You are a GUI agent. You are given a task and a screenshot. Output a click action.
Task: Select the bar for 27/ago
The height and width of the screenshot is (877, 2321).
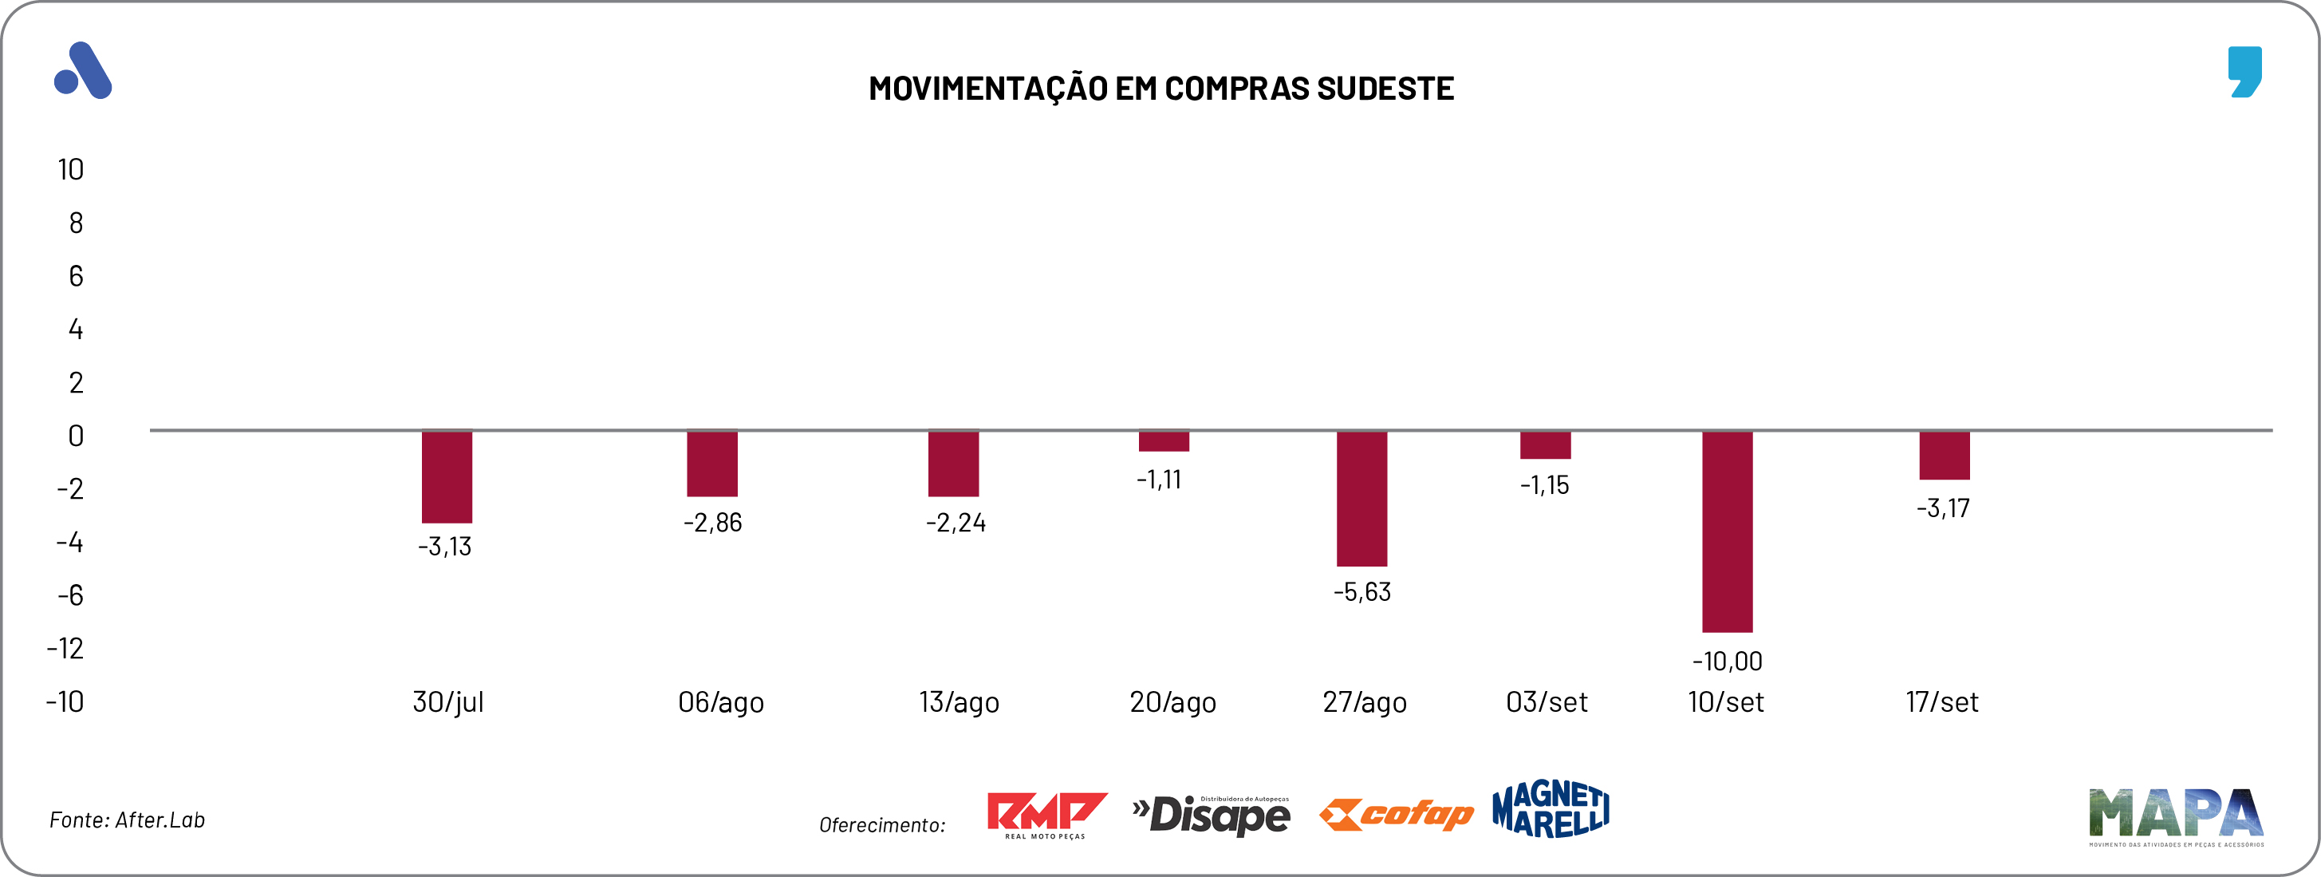coord(1361,499)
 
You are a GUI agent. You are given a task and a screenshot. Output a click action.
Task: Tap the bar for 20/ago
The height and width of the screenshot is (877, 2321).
coord(1163,440)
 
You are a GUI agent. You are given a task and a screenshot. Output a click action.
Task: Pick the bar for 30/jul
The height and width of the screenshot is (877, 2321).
coord(447,477)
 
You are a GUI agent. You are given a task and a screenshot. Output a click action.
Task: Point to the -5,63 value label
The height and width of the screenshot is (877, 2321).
coord(1361,592)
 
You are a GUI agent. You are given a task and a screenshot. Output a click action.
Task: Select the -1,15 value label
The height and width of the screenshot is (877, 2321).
coord(1544,485)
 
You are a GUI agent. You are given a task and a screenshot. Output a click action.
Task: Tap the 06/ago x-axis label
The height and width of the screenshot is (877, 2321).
coord(720,702)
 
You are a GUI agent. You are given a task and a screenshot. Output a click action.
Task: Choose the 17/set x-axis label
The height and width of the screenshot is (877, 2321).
coord(1941,702)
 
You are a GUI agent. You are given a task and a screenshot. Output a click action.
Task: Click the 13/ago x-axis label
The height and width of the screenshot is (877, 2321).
coord(959,702)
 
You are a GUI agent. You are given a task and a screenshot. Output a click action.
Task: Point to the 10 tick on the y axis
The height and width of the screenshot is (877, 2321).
coord(70,169)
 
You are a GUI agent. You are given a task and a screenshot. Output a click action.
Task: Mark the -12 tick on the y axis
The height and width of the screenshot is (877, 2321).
coord(65,648)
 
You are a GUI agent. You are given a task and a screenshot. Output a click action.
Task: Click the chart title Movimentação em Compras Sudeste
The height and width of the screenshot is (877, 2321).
coord(1160,89)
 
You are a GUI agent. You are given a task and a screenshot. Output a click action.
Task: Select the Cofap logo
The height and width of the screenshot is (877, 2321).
coord(1396,814)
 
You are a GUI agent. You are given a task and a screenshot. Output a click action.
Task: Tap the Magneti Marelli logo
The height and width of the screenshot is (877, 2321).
coord(1550,808)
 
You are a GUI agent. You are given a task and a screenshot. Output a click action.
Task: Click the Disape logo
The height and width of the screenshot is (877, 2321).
coord(1211,815)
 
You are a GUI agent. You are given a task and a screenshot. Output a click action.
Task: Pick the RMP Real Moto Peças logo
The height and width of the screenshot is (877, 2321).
coord(1046,815)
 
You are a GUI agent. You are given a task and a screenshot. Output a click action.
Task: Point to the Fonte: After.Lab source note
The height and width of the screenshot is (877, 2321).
coord(127,820)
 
